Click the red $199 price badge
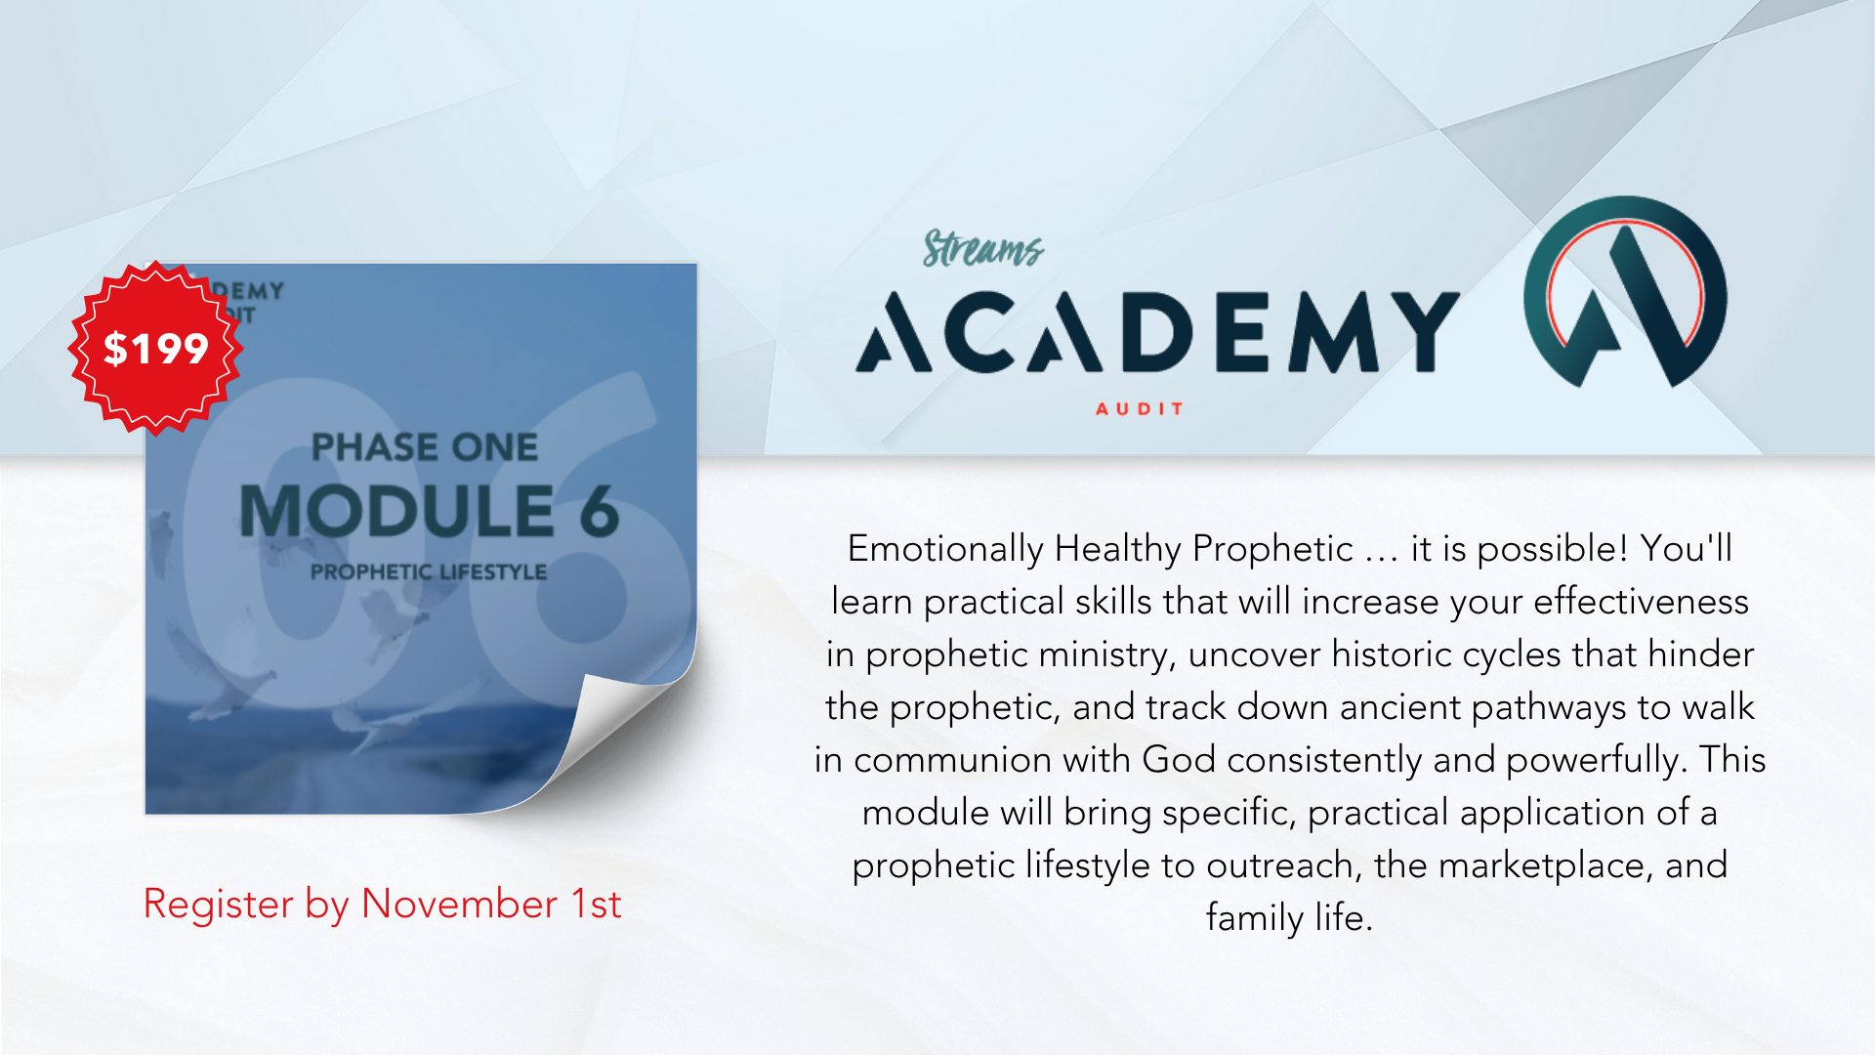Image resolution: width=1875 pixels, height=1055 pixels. [x=155, y=348]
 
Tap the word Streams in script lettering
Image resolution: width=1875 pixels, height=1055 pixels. [x=983, y=248]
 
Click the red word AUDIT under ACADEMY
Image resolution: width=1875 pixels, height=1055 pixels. [x=1140, y=408]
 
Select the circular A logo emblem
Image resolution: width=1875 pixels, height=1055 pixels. [x=1625, y=292]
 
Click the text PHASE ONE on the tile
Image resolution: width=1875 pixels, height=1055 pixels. [x=425, y=447]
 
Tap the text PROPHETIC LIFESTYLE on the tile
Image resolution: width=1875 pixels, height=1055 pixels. [x=429, y=571]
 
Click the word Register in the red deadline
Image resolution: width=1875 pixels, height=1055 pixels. [x=219, y=905]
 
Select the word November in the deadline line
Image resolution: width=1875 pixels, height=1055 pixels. [x=460, y=904]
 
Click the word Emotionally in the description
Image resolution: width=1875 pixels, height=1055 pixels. [x=945, y=550]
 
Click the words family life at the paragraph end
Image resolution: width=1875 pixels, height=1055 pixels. [x=1289, y=917]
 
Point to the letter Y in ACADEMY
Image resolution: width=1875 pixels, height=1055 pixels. [x=1420, y=333]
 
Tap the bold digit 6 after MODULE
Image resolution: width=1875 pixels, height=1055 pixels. [x=600, y=511]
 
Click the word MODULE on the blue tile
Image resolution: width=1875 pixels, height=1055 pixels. [x=397, y=511]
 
